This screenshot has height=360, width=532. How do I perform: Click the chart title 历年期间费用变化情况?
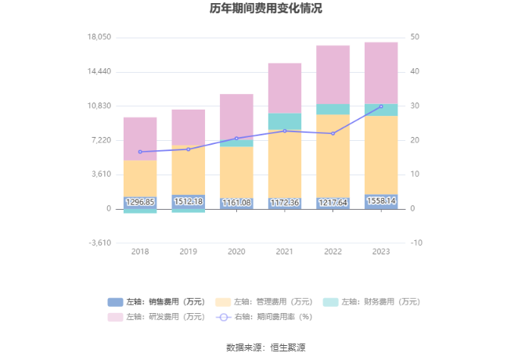pos(265,9)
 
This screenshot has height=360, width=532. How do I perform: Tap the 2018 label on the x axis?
pos(140,251)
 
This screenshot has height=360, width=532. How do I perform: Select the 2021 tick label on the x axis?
pos(285,251)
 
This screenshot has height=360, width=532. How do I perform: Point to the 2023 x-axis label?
pos(381,251)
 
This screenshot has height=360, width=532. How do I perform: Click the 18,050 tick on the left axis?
pos(99,38)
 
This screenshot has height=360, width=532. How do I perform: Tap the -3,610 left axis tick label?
pos(99,243)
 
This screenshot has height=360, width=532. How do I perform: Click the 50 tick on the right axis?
pos(415,38)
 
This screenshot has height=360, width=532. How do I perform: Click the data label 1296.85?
pos(140,202)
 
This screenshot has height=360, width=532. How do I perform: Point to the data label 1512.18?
pos(189,202)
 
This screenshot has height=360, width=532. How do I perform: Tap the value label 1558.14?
pos(381,201)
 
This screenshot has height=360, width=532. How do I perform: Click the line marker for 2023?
pos(381,106)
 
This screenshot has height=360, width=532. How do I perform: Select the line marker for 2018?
pos(140,152)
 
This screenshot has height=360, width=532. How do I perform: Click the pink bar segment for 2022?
pos(333,74)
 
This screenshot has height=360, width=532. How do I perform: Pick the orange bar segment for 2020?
pos(236,171)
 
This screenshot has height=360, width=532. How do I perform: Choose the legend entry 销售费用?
pos(156,301)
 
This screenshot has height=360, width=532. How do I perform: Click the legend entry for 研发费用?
pos(156,317)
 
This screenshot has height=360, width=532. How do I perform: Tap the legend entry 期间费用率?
pos(263,317)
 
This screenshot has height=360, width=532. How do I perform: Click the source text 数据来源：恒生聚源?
pos(265,347)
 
